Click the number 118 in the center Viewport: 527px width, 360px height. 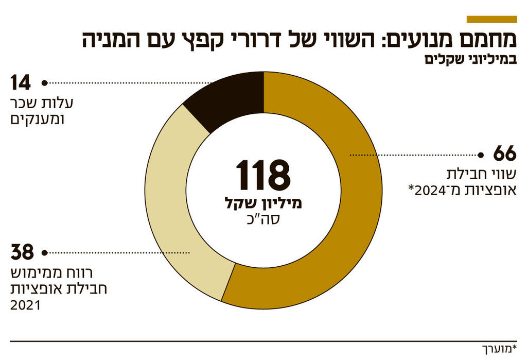263,175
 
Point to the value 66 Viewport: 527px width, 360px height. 504,155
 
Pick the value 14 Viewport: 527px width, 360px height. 21,82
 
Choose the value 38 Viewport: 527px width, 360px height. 22,253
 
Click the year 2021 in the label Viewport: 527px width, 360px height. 25,306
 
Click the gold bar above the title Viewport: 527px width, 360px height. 491,19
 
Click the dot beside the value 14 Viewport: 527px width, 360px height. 45,82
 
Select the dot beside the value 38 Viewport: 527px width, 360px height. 45,253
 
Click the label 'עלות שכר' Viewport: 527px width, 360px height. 42,103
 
